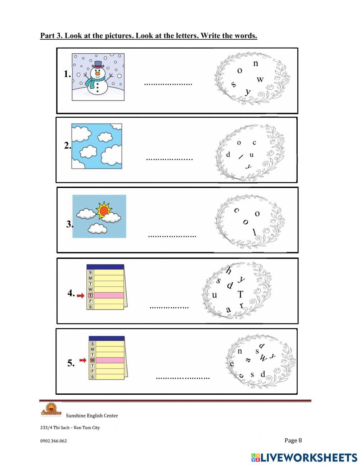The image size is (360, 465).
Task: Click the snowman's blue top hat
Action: [98, 65]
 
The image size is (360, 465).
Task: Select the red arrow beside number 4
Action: [81, 295]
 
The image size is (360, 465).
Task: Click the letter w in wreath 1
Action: [260, 80]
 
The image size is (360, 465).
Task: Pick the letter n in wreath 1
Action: [256, 64]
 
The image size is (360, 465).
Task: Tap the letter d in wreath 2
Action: [228, 155]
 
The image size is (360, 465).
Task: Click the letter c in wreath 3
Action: [237, 210]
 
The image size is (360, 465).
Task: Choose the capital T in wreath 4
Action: [240, 295]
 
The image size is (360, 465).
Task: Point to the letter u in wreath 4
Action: [215, 295]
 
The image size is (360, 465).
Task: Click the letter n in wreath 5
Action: [240, 351]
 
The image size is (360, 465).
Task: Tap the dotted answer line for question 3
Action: [172, 236]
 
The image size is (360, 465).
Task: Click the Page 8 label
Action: [293, 440]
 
